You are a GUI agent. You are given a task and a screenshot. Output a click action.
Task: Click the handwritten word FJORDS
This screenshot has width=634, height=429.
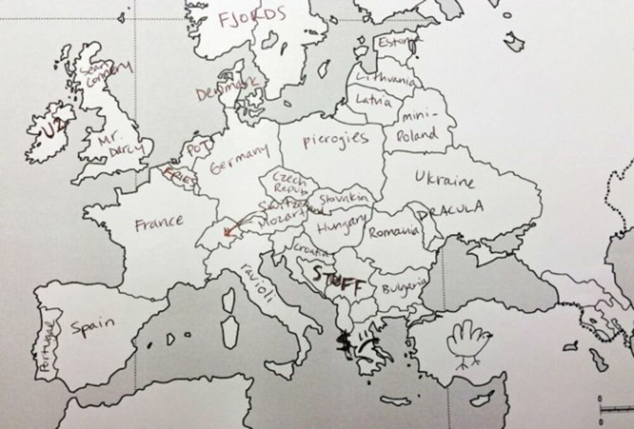pyautogui.click(x=252, y=18)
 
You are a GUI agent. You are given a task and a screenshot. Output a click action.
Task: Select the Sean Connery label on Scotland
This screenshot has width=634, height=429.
pyautogui.click(x=105, y=74)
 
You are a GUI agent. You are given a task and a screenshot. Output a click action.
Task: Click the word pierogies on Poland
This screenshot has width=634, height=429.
pyautogui.click(x=335, y=140)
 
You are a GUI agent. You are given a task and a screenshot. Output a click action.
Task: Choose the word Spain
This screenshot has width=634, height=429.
pyautogui.click(x=92, y=327)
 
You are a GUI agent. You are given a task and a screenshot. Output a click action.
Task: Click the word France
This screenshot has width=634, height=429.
pyautogui.click(x=159, y=222)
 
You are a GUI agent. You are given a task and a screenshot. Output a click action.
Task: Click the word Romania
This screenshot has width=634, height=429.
pyautogui.click(x=393, y=232)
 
